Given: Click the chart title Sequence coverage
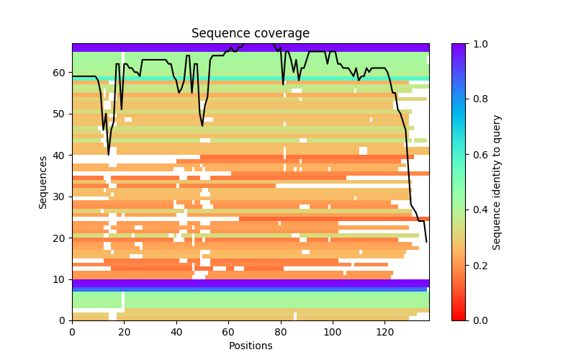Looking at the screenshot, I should tap(251, 34).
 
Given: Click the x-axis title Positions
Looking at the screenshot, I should tap(251, 346).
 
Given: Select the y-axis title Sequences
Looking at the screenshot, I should tap(43, 182).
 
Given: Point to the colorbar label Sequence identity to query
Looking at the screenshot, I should tap(497, 182).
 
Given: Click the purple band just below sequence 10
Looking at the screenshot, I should tap(251, 284).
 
